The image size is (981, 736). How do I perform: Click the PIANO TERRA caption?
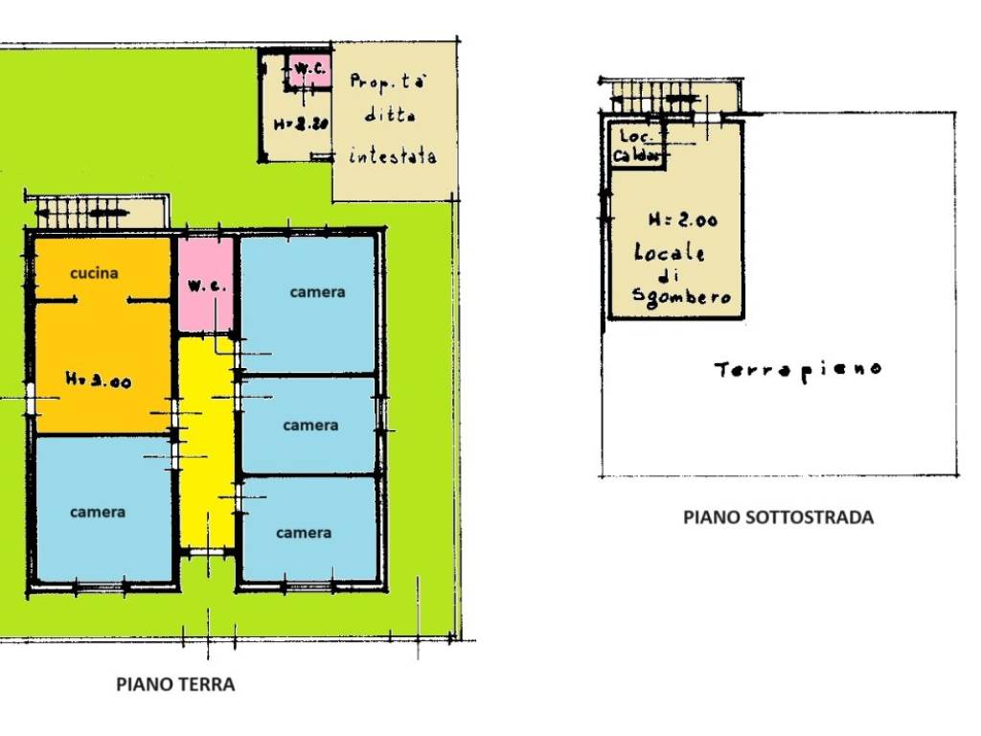pyautogui.click(x=175, y=684)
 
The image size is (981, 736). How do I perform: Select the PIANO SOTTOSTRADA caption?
pyautogui.click(x=778, y=517)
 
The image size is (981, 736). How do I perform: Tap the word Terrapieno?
pyautogui.click(x=798, y=369)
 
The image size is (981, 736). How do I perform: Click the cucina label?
pyautogui.click(x=95, y=273)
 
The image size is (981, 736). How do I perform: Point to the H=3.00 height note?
pyautogui.click(x=98, y=380)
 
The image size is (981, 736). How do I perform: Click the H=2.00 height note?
pyautogui.click(x=682, y=220)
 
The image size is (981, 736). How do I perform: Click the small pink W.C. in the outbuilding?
pyautogui.click(x=308, y=70)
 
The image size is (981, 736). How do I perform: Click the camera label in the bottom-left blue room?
pyautogui.click(x=98, y=512)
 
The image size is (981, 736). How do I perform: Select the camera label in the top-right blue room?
pyautogui.click(x=317, y=292)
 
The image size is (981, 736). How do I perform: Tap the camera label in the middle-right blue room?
pyautogui.click(x=310, y=425)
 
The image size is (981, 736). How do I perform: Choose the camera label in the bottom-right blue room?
pyautogui.click(x=304, y=532)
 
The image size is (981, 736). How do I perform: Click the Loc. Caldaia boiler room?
pyautogui.click(x=637, y=146)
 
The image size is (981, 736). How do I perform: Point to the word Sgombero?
pyautogui.click(x=682, y=297)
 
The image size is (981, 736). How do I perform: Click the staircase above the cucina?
pyautogui.click(x=81, y=209)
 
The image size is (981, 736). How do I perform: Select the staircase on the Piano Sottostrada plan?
pyautogui.click(x=661, y=96)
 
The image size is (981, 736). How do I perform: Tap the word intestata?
pyautogui.click(x=394, y=154)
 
